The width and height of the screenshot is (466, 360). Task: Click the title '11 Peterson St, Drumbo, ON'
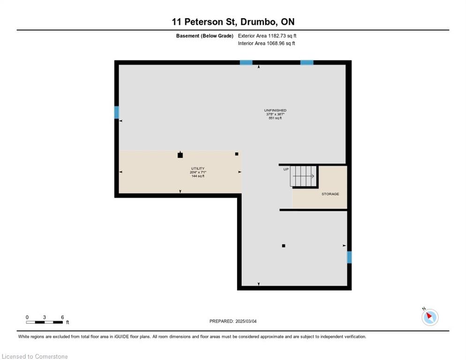(x=233, y=22)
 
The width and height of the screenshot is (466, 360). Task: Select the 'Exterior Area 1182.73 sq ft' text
(x=267, y=36)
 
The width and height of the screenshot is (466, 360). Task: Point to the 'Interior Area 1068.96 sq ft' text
(x=266, y=44)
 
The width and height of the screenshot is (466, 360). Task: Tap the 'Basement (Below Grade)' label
(x=205, y=36)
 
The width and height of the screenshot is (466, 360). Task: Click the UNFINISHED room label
(x=275, y=111)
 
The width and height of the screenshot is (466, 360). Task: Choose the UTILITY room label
(x=197, y=169)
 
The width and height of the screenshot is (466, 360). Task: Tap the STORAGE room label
(x=330, y=194)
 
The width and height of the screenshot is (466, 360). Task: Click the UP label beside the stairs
(x=286, y=169)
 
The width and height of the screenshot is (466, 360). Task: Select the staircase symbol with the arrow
(x=304, y=176)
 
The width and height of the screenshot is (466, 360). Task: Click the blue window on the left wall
(x=117, y=112)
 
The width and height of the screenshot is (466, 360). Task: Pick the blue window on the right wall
(x=349, y=257)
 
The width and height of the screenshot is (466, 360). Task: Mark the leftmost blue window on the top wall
(x=246, y=62)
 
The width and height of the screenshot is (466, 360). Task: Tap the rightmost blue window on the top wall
(x=307, y=62)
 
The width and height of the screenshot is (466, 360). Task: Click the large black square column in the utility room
(x=180, y=155)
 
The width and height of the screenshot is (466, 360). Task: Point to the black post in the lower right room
(x=283, y=246)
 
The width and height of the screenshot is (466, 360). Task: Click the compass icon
(x=429, y=317)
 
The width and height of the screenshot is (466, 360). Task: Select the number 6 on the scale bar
(x=62, y=317)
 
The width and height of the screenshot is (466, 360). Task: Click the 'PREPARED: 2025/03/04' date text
(x=233, y=321)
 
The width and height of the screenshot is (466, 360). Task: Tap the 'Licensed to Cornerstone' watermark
(x=35, y=357)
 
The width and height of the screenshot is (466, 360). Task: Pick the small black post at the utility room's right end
(x=236, y=154)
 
